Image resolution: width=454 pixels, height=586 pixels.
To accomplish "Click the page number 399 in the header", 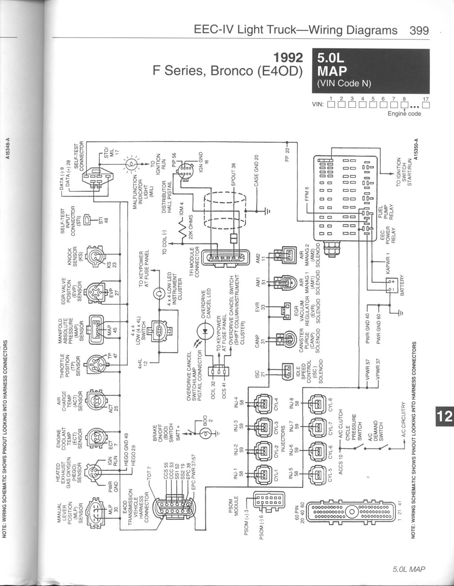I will [x=419, y=30].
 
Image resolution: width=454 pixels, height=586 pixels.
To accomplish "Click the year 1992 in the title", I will [x=288, y=58].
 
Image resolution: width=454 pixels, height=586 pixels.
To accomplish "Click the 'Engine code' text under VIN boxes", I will [x=404, y=114].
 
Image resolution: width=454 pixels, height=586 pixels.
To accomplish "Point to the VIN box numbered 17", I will [x=426, y=105].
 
